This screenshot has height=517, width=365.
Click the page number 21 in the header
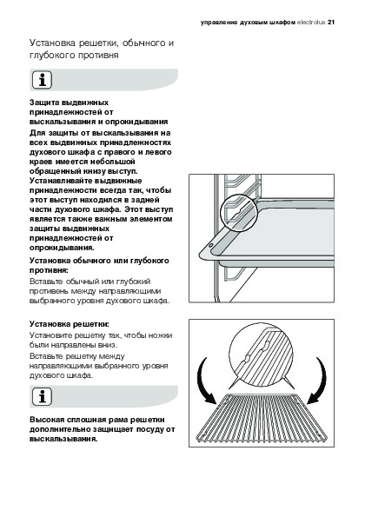(x=331, y=23)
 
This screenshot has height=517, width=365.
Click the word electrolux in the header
(x=311, y=23)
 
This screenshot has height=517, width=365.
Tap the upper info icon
(x=43, y=80)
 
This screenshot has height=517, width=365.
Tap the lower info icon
(x=43, y=396)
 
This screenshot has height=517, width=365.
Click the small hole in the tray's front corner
(x=211, y=245)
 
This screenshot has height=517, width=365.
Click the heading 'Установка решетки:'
(x=70, y=324)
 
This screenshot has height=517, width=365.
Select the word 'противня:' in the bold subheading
(x=50, y=270)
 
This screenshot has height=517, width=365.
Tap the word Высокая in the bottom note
(x=47, y=420)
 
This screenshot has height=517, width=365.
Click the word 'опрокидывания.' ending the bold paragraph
(x=62, y=248)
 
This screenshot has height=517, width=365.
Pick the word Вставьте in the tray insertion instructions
(x=46, y=282)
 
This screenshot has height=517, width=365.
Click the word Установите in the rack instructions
(x=51, y=335)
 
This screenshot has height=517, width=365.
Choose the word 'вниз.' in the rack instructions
(x=108, y=345)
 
